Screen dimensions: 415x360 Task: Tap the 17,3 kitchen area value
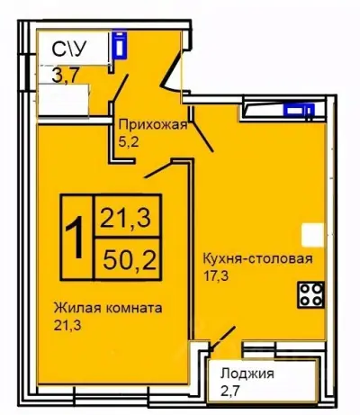pyautogui.click(x=216, y=277)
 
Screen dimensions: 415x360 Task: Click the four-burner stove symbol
pyautogui.click(x=310, y=293)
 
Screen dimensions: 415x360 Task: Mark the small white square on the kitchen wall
pyautogui.click(x=310, y=236)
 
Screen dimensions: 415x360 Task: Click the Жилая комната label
pyautogui.click(x=106, y=307)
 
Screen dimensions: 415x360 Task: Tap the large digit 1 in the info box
pyautogui.click(x=78, y=236)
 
